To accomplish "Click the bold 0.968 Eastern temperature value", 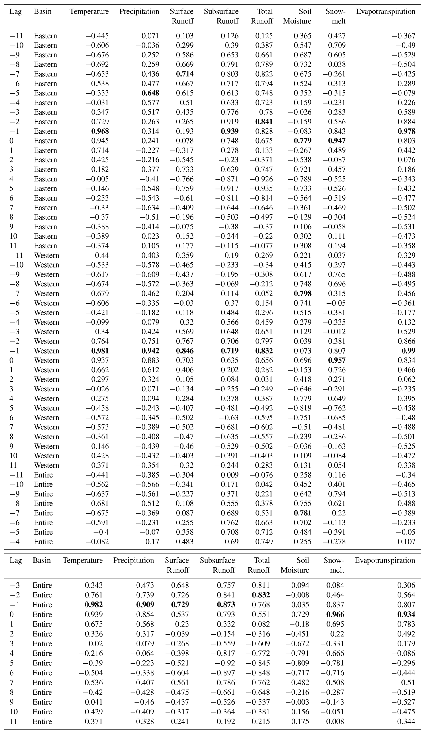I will coord(100,131).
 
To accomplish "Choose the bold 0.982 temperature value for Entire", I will coord(94,605).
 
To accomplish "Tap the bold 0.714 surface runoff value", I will coord(185,74).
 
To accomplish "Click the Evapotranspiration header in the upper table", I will coord(386,12).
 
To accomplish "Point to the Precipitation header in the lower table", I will coord(133,560).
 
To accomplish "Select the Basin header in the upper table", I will coord(42,12).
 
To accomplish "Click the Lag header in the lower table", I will coord(15,560).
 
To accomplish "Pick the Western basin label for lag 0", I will coord(46,360).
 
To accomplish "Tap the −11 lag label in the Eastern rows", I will coord(16,36).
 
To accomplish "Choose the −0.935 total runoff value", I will coord(261,188).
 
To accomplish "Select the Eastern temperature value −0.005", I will coord(97,179).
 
